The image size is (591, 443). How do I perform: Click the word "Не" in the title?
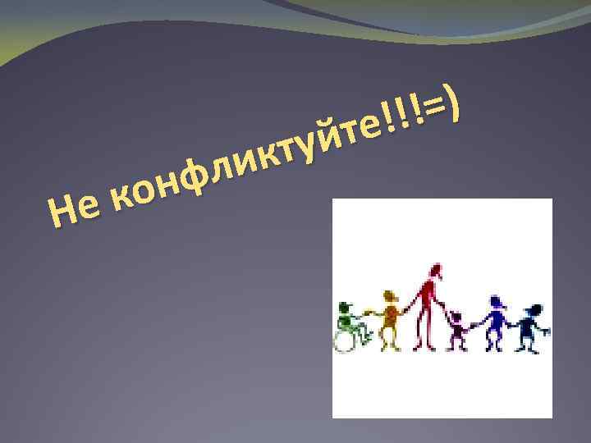coord(71,208)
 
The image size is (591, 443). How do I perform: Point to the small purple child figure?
coord(456,328)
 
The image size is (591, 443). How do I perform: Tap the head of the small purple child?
coord(456,316)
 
